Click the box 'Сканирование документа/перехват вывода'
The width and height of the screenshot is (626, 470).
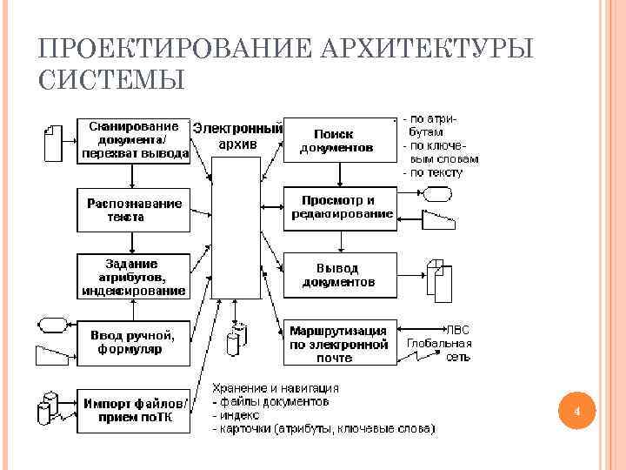[134, 140]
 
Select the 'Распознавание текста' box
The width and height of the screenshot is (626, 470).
[134, 210]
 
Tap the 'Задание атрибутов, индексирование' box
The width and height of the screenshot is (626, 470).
[134, 277]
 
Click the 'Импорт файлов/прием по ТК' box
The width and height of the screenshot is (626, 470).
[134, 408]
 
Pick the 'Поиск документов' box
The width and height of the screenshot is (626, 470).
[340, 140]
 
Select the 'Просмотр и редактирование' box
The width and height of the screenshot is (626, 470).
[340, 207]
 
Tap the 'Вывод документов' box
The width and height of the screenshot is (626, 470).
[340, 275]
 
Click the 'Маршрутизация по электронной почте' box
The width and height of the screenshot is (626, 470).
[340, 342]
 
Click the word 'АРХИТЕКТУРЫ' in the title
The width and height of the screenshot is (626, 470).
[426, 48]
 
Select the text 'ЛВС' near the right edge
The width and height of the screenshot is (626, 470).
[457, 330]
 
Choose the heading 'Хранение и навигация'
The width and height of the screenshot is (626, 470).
[276, 388]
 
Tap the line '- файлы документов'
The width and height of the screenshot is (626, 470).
[271, 402]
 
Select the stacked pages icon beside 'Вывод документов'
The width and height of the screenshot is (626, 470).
[439, 277]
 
